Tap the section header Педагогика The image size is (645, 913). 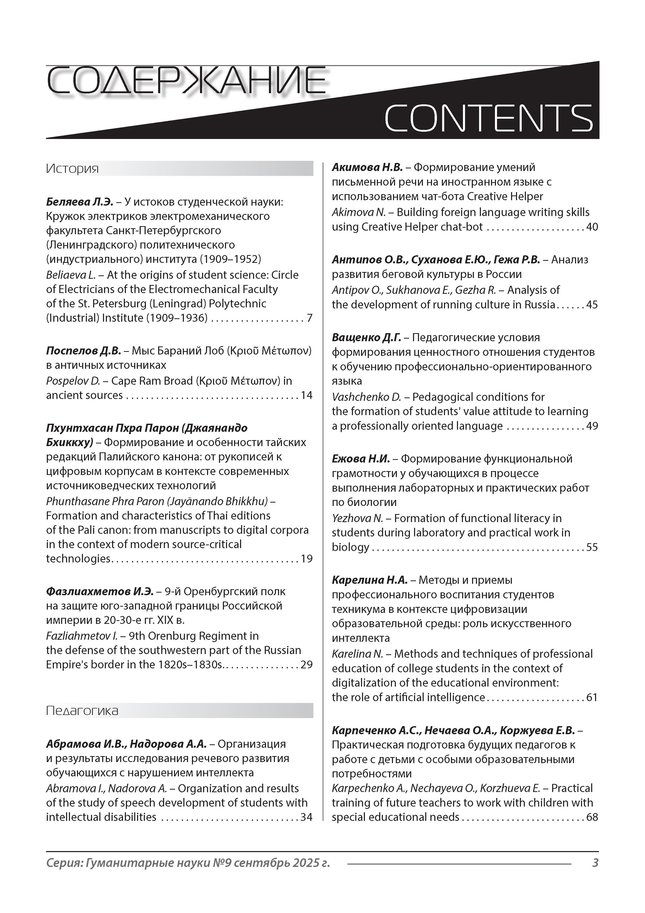(x=82, y=711)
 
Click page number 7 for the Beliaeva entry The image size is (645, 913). (x=309, y=318)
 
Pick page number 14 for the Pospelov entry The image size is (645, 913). (x=306, y=395)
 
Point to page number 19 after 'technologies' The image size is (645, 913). (x=306, y=559)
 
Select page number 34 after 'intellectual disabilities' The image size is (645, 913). (x=306, y=817)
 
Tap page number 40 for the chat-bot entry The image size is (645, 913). (x=592, y=227)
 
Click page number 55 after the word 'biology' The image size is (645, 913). (x=592, y=547)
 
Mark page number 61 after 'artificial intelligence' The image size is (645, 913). (x=592, y=698)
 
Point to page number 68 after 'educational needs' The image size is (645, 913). (x=592, y=817)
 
